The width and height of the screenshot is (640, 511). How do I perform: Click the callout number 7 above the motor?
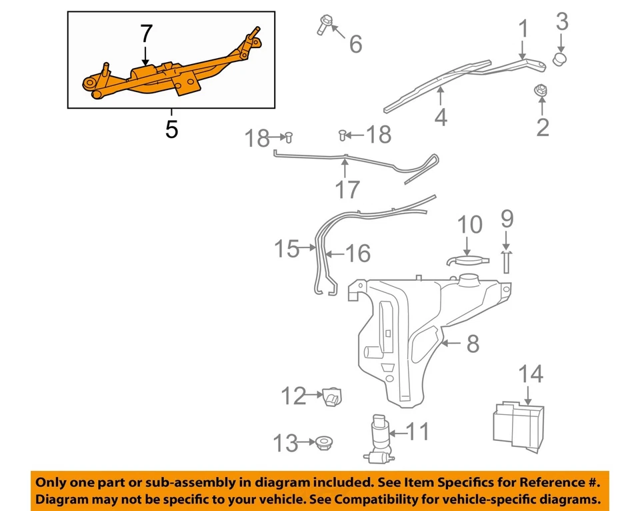146,34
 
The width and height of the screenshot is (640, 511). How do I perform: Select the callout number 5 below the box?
171,129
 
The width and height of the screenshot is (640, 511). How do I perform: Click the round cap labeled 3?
561,60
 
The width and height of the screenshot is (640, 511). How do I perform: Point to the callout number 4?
441,117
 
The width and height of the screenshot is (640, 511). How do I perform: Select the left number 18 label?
256,139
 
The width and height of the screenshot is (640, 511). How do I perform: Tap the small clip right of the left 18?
289,137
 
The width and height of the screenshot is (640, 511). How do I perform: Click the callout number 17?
347,189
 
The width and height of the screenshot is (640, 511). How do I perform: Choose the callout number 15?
287,249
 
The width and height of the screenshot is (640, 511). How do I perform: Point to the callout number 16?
357,253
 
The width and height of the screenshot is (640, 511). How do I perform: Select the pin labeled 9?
507,261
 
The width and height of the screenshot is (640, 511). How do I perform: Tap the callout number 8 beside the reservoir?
472,344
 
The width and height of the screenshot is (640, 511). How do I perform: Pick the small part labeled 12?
331,397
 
